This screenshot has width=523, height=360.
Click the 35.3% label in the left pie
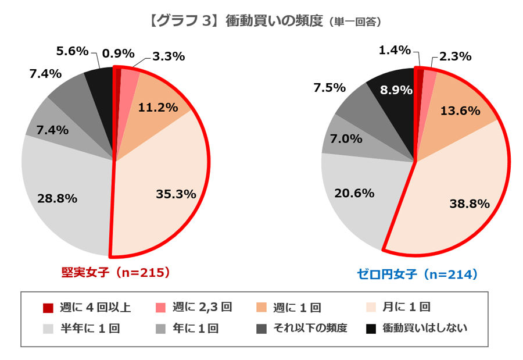176,194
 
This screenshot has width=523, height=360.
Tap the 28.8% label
58,198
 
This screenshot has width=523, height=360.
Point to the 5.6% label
72,51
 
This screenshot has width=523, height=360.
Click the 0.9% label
118,54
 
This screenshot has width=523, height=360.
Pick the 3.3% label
169,56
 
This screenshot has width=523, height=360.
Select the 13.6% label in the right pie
461,111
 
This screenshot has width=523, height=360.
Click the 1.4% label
395,51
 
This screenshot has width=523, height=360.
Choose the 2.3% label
455,56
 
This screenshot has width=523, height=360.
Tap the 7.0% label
346,139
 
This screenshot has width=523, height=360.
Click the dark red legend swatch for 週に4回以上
49,307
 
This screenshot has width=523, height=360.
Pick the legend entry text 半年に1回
90,329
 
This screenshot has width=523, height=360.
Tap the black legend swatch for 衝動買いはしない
370,329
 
